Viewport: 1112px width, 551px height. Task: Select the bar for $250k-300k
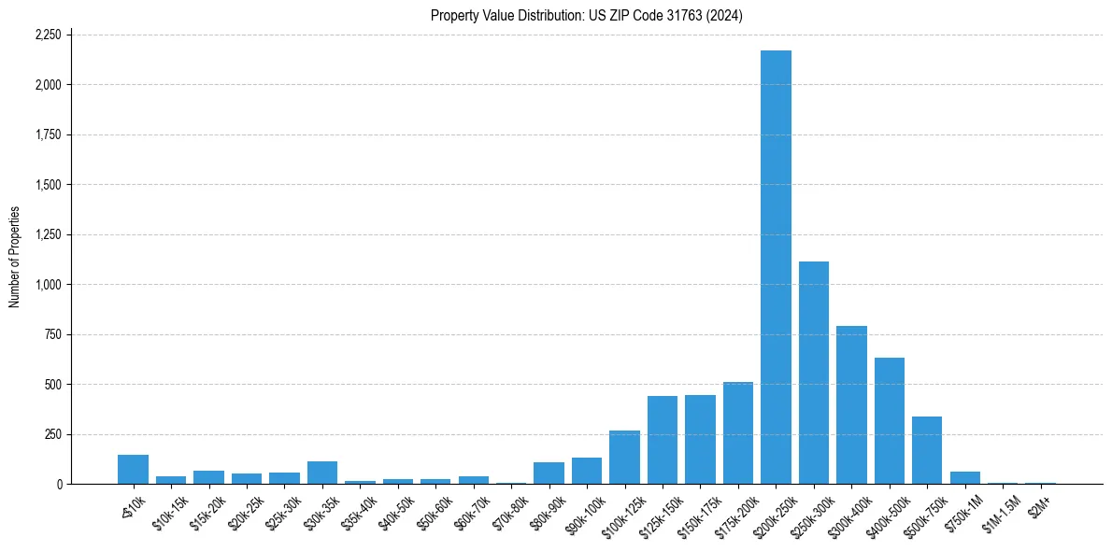click(x=814, y=373)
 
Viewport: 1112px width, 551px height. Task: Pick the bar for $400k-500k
click(x=890, y=421)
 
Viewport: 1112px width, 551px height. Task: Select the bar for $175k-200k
click(x=738, y=433)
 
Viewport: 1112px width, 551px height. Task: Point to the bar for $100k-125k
click(x=624, y=458)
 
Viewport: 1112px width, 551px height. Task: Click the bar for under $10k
click(x=133, y=470)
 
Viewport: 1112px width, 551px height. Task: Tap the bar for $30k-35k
click(x=322, y=473)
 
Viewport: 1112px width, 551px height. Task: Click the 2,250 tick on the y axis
click(x=48, y=35)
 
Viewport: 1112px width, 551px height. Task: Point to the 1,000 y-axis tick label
click(x=48, y=285)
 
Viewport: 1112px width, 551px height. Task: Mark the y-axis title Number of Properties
click(x=14, y=258)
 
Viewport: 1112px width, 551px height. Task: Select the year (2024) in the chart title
click(x=725, y=15)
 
